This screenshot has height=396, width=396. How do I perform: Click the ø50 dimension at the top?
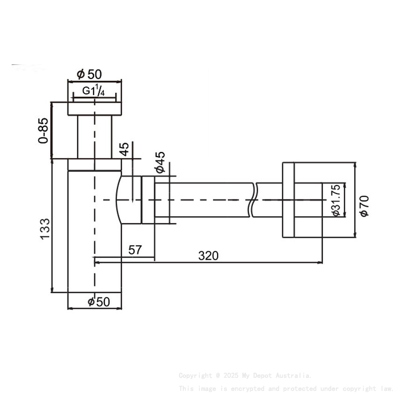click(89, 74)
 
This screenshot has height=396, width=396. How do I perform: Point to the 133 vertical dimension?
click(44, 228)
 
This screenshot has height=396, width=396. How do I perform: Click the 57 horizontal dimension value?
click(135, 250)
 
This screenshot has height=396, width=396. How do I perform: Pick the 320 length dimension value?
click(208, 255)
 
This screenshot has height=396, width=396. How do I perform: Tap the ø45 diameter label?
click(160, 162)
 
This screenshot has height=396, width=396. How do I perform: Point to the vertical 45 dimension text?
click(124, 150)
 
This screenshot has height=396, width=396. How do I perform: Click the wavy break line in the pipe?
click(253, 200)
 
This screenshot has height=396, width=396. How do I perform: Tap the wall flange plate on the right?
click(288, 200)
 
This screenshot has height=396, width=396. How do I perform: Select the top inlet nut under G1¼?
click(95, 108)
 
